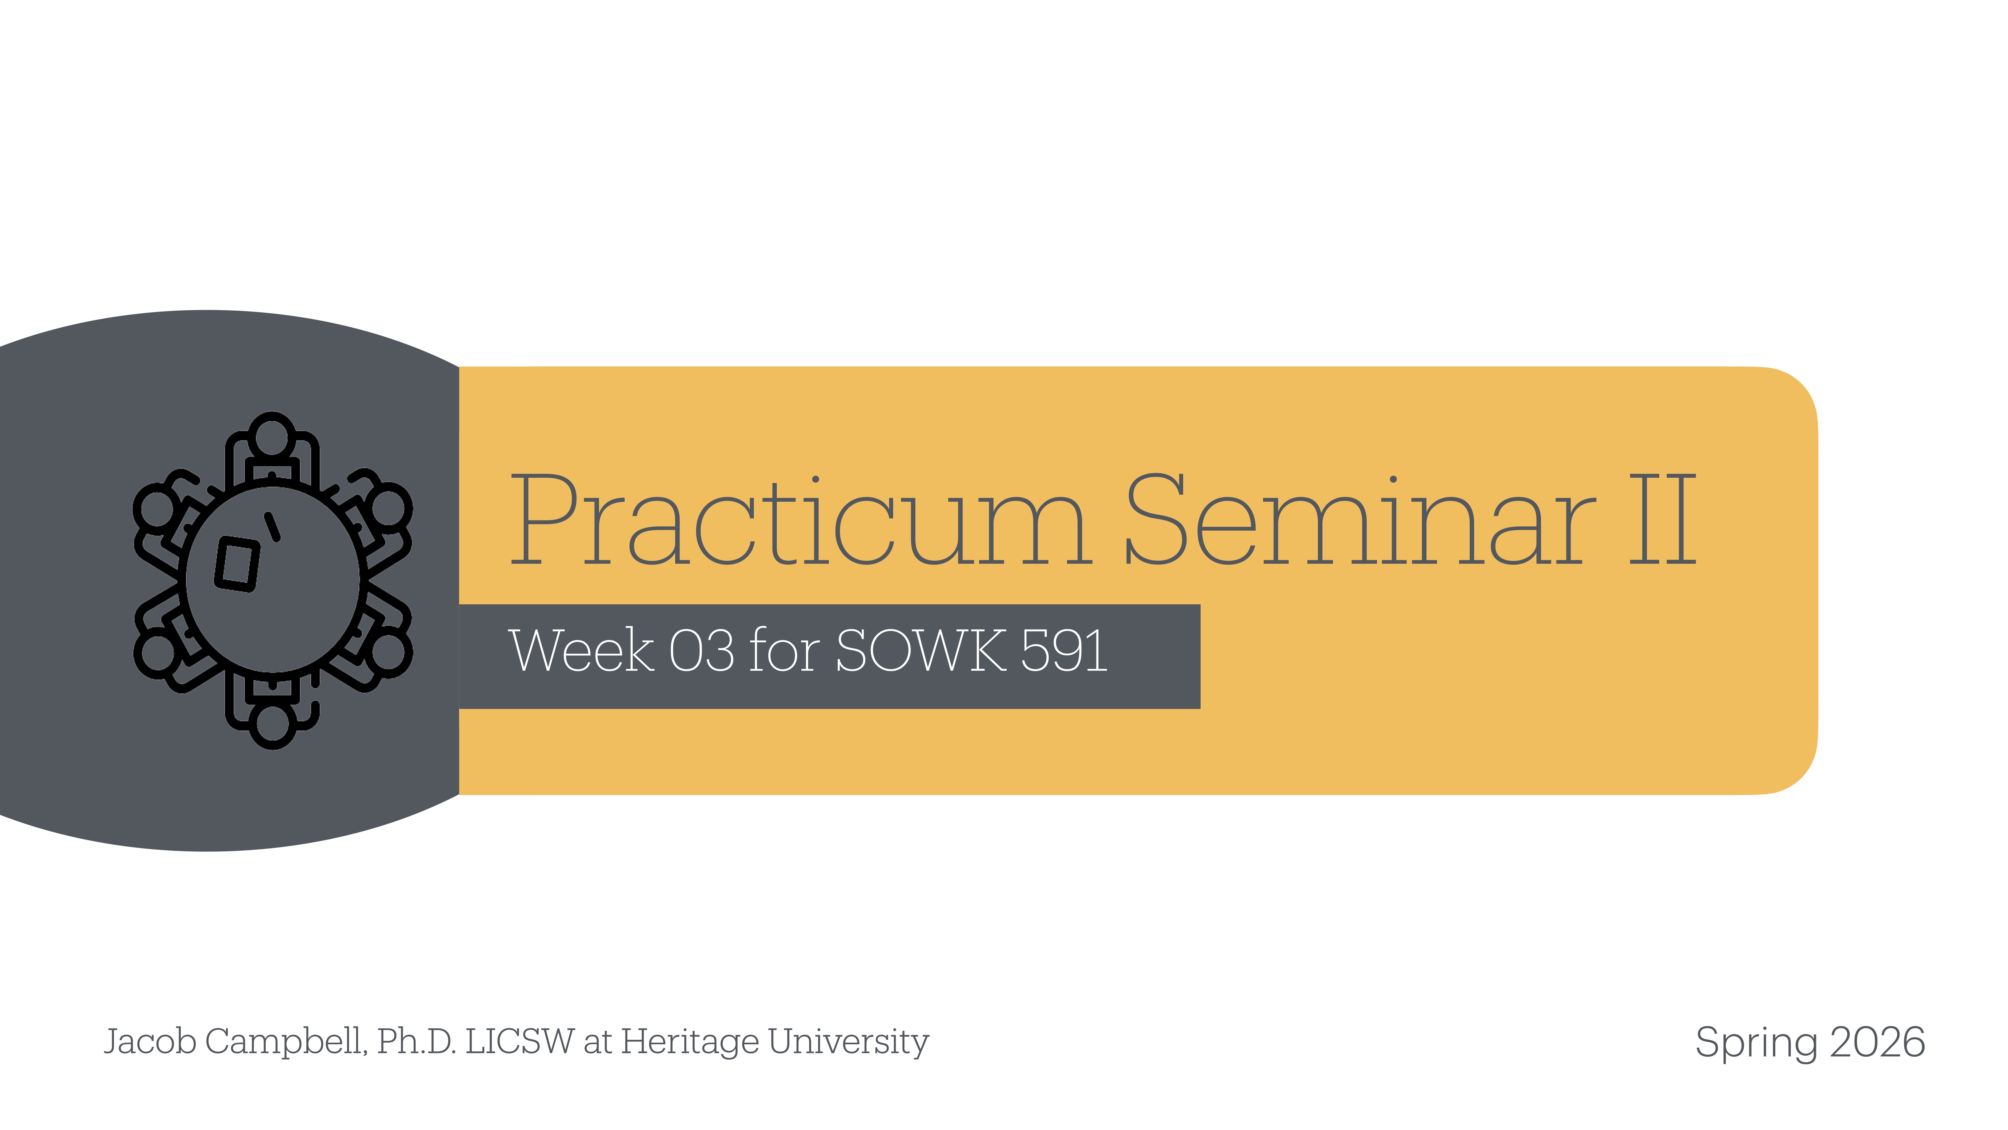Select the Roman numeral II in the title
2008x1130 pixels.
coord(1662,521)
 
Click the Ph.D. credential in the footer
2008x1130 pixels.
coord(416,1042)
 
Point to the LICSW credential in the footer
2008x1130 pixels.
coord(519,1042)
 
